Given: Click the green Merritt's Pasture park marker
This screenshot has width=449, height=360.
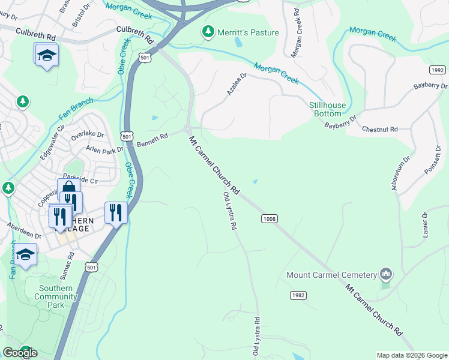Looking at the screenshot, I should [208, 32].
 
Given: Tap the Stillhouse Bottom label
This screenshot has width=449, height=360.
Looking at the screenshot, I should [327, 109].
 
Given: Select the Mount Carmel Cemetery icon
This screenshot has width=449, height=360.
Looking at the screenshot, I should [386, 275].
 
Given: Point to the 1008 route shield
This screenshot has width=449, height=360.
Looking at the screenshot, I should [269, 219].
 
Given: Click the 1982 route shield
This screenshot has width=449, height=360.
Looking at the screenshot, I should [298, 295].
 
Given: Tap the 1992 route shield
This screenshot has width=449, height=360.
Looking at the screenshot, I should [438, 70].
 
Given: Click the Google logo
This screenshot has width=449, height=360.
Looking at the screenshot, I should [20, 353].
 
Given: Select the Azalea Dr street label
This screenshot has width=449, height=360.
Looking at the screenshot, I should [238, 83].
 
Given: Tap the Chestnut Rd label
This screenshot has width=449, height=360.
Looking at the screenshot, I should [379, 129].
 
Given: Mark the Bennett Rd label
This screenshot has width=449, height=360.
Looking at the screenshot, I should [152, 141].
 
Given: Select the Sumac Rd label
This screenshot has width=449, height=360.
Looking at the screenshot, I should [66, 265].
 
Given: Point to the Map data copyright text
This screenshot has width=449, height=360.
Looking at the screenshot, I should [411, 355].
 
